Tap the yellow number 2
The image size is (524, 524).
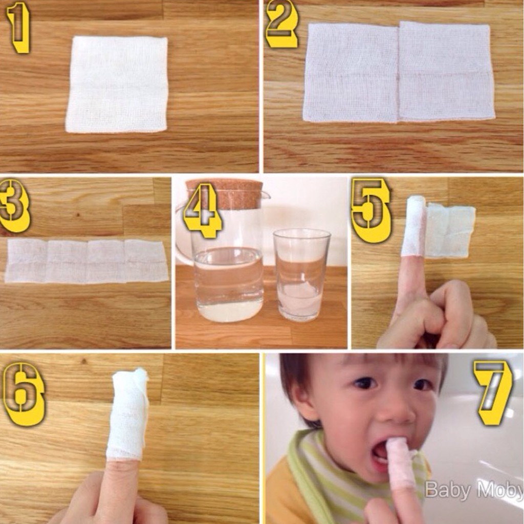[282, 24]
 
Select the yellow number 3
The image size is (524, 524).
[14, 205]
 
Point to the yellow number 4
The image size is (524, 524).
[203, 210]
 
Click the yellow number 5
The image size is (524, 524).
[372, 210]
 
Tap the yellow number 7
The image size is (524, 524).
[493, 392]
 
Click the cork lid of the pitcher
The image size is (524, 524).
[225, 194]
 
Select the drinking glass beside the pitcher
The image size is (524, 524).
[301, 275]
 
